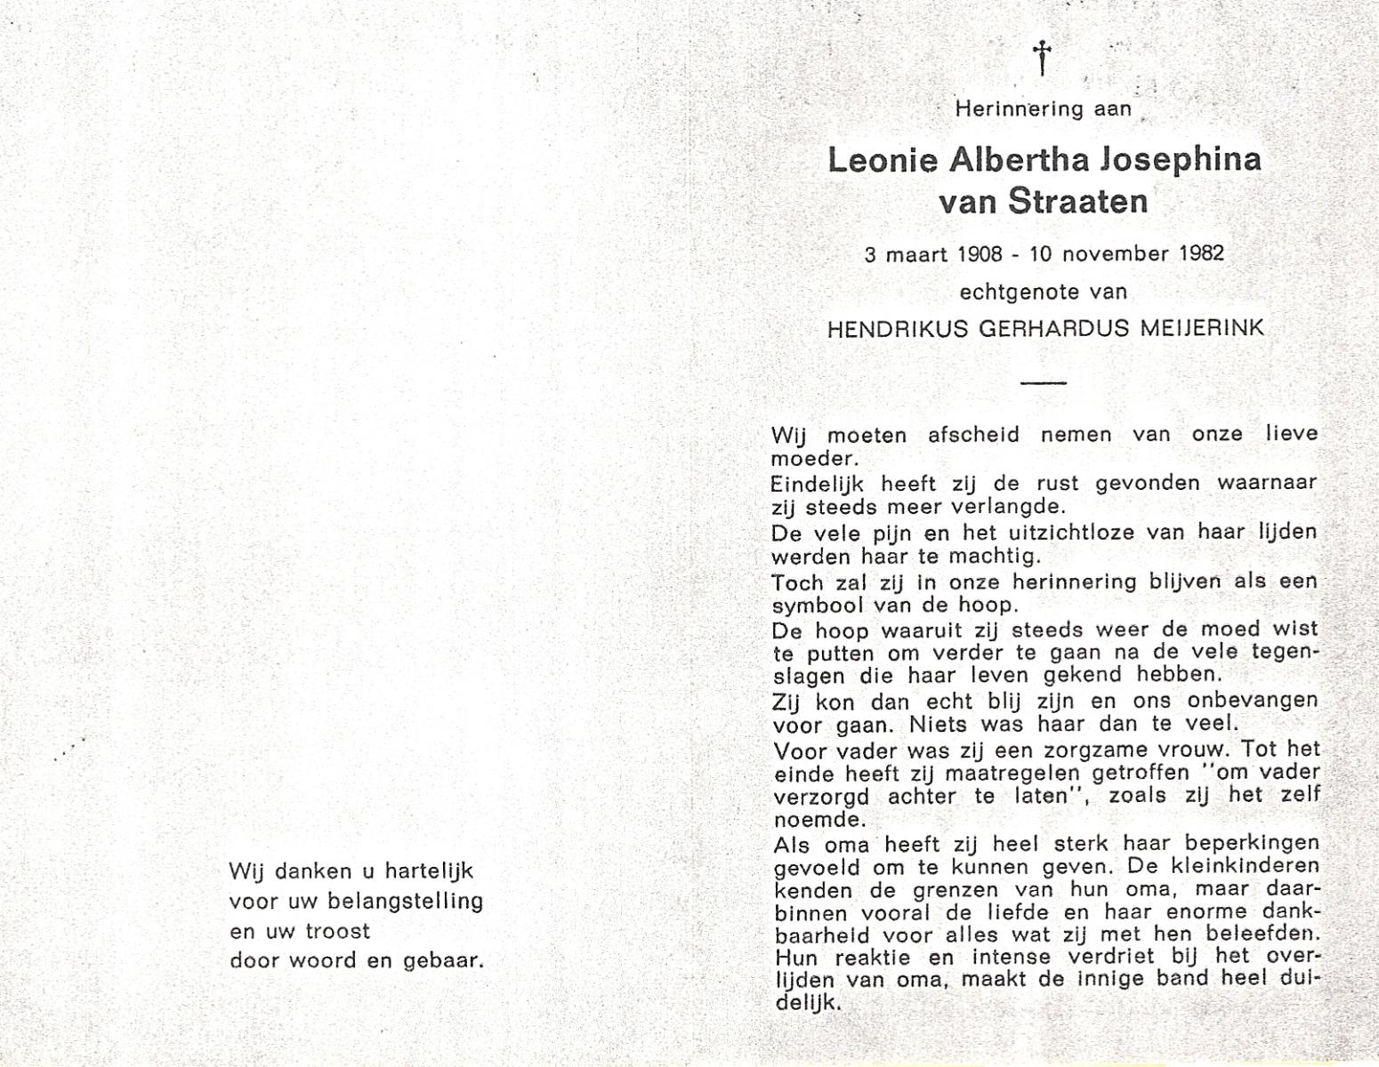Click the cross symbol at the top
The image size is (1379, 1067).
1042,59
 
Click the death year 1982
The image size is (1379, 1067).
1201,253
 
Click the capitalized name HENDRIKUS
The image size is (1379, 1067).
898,329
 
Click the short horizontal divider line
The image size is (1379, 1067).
1043,382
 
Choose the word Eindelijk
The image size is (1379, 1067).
818,485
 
